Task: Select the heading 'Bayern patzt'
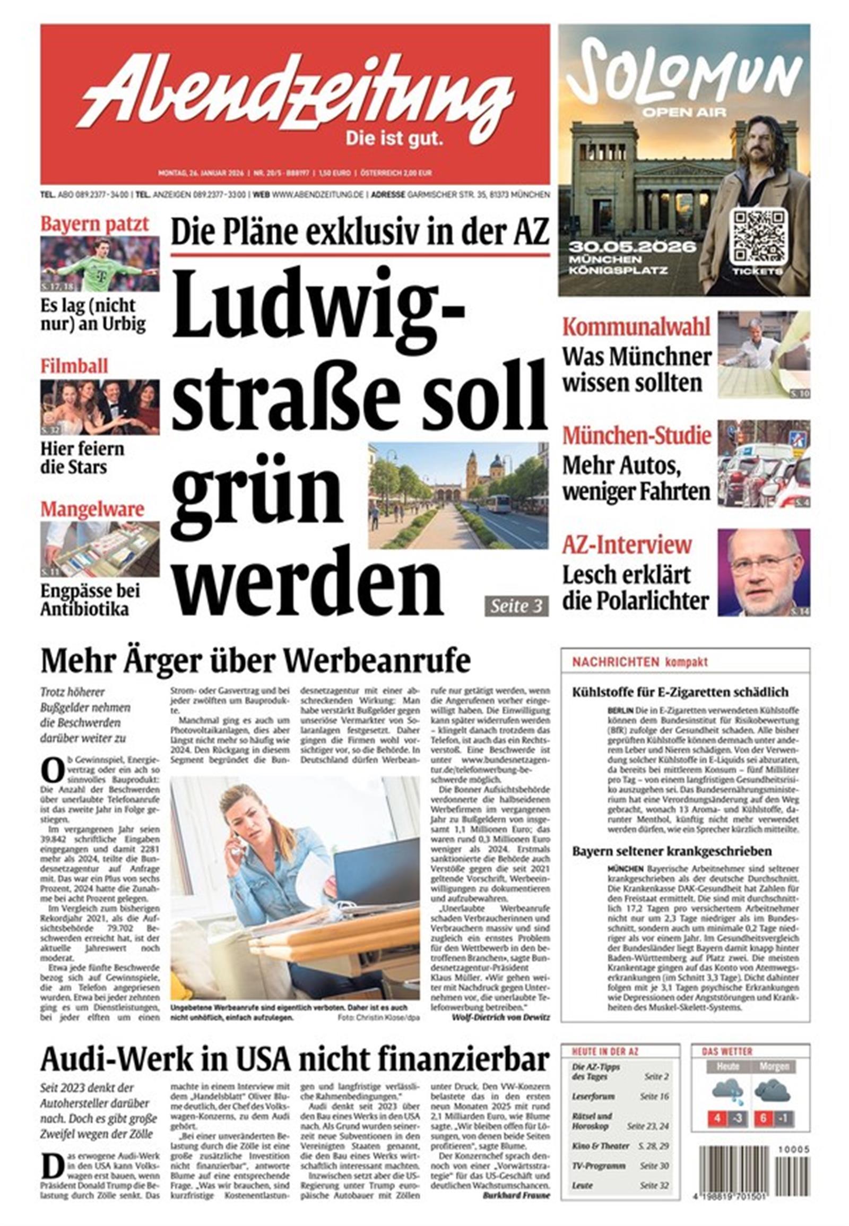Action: (94, 224)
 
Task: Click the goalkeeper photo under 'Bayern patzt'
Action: (100, 264)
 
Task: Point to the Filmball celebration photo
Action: (100, 407)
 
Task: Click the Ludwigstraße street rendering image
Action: (458, 495)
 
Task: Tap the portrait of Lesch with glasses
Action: (764, 573)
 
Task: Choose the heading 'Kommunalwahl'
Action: (636, 327)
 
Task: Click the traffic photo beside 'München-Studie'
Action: (764, 463)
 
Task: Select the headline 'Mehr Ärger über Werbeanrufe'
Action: (255, 661)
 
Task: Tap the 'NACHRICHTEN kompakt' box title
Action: (640, 662)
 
